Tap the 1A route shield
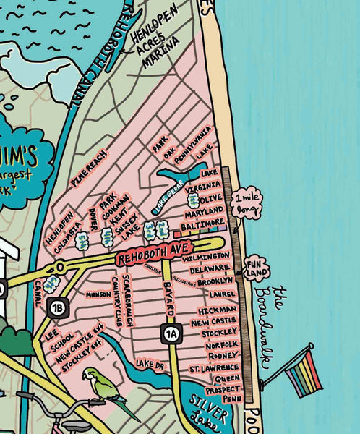coord(170,333)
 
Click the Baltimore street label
coord(205,226)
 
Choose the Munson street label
coord(98,294)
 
